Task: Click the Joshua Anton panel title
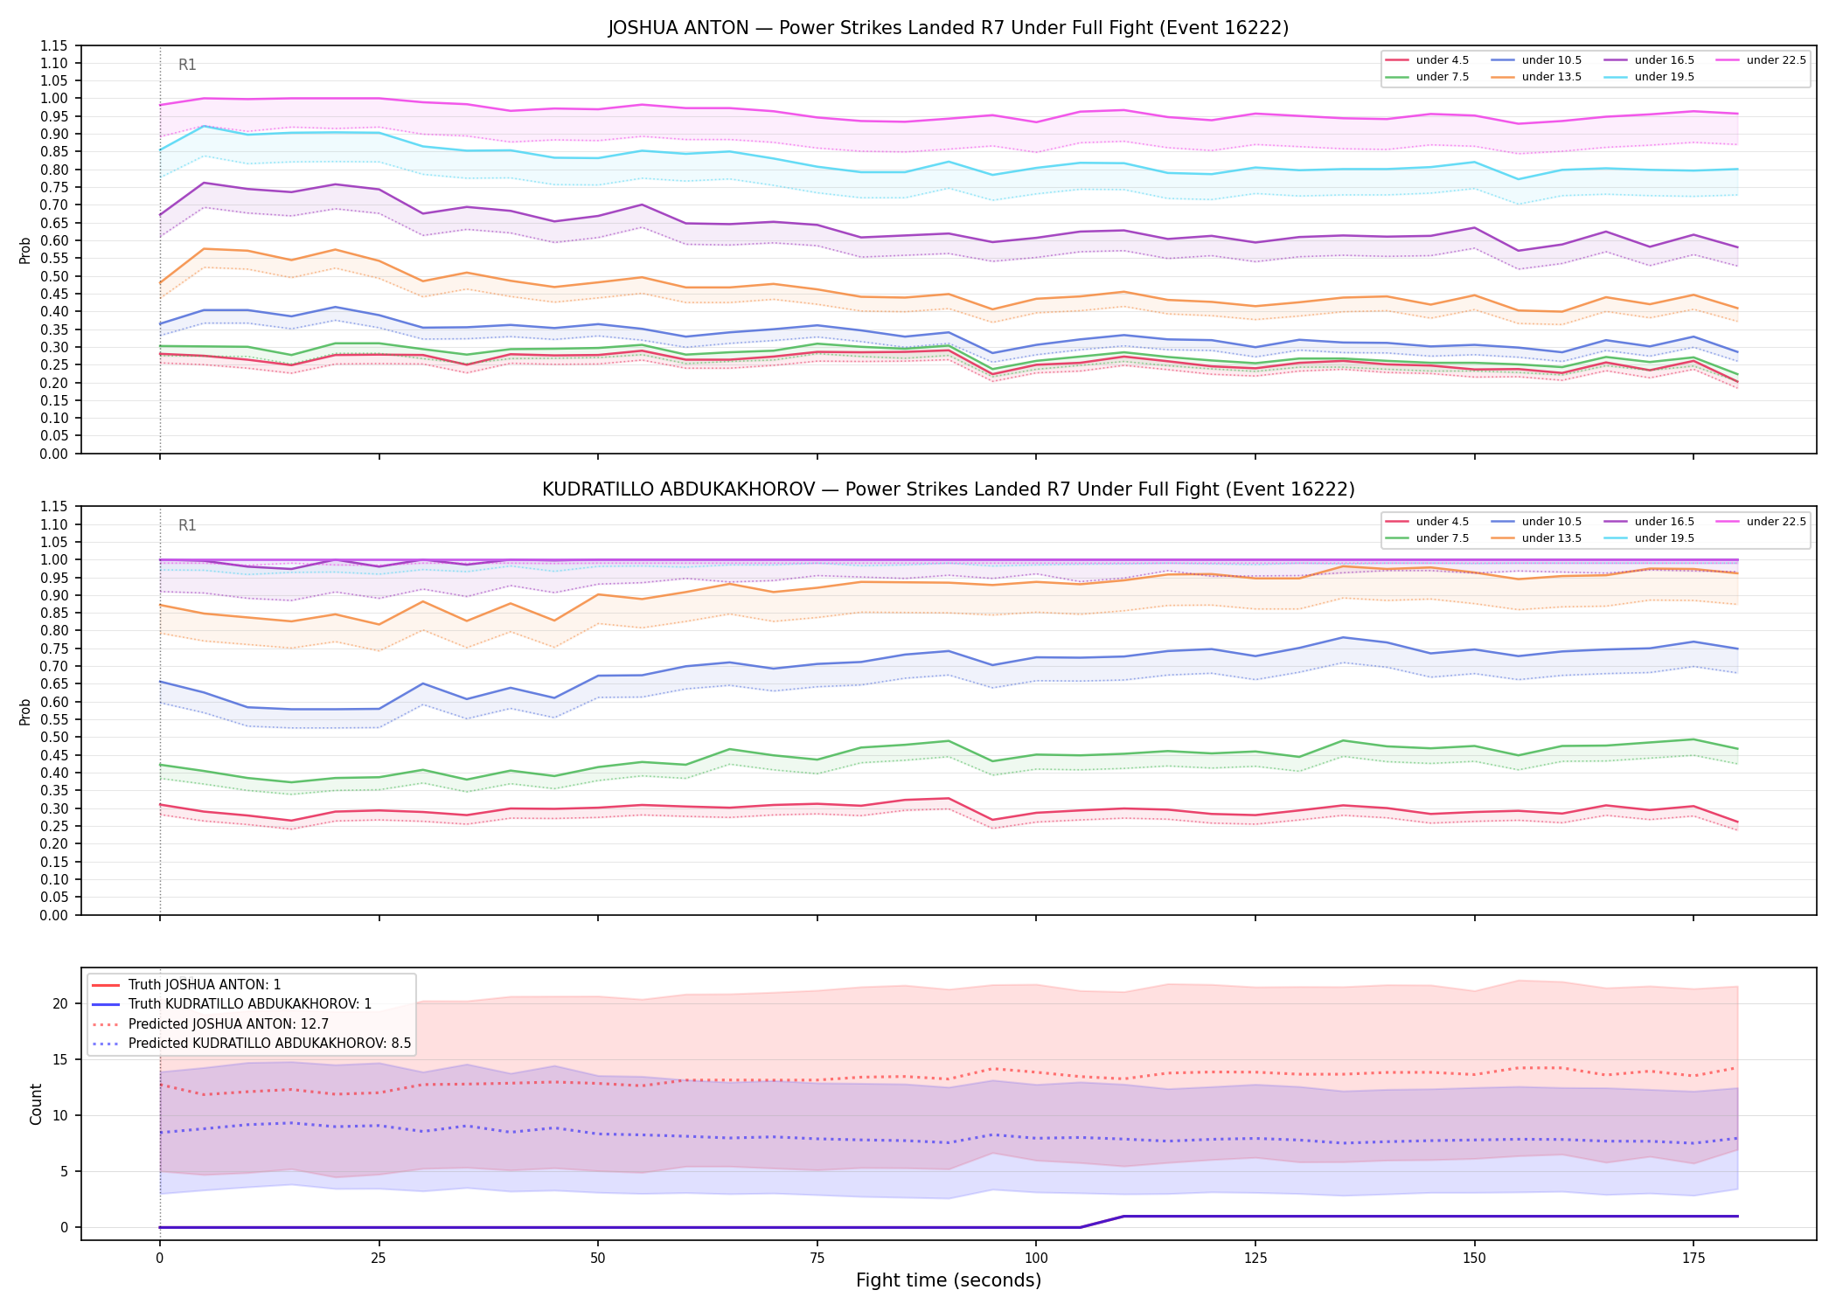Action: point(949,28)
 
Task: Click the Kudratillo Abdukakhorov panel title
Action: point(949,489)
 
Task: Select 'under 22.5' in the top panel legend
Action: point(1776,60)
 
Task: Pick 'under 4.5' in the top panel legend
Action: point(1443,60)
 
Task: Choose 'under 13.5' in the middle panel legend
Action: point(1551,538)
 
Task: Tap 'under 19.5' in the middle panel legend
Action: point(1664,538)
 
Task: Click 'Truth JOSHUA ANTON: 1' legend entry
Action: point(205,985)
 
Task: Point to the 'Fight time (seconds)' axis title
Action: point(949,1280)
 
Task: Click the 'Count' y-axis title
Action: point(36,1104)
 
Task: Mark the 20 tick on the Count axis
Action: point(60,1003)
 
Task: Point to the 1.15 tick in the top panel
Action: point(54,45)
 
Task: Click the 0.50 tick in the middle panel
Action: point(54,737)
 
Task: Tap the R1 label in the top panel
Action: point(187,65)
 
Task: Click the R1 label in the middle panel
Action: point(187,525)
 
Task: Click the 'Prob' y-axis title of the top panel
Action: point(25,250)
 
